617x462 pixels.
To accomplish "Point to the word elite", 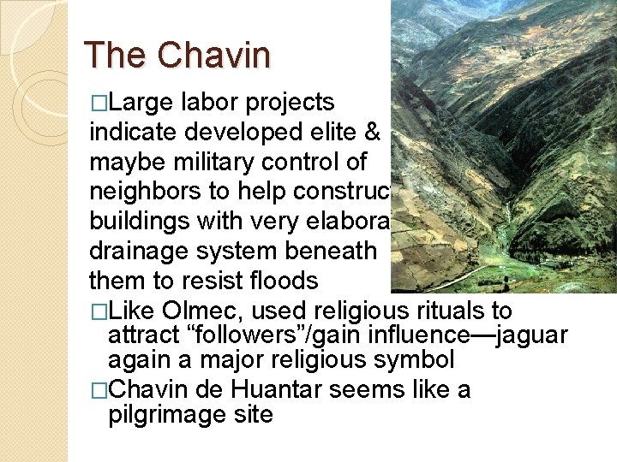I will click(336, 132).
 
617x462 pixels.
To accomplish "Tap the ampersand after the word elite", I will click(372, 132).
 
